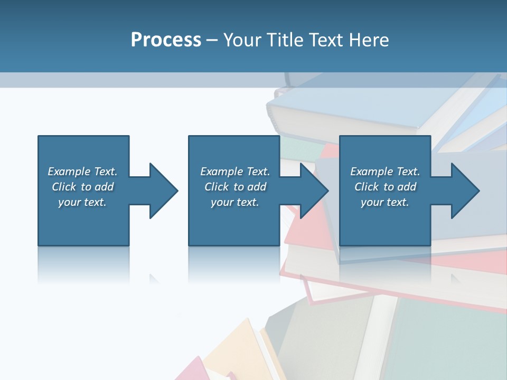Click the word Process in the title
coord(166,40)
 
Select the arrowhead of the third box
coord(465,191)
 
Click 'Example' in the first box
coord(69,172)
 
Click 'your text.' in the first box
coord(82,202)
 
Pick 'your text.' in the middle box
coord(235,202)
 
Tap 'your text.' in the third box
coord(385,202)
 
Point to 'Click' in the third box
coord(367,187)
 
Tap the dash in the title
coord(212,40)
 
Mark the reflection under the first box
coord(83,264)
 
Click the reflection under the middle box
coord(234,264)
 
